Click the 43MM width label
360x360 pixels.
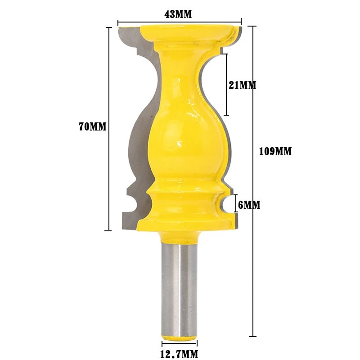pyautogui.click(x=178, y=14)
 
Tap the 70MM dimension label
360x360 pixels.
pyautogui.click(x=92, y=127)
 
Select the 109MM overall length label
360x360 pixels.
pyautogui.click(x=275, y=152)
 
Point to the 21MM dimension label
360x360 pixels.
pyautogui.click(x=242, y=85)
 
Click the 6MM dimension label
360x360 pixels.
pyautogui.click(x=249, y=205)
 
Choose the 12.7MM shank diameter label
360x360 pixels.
pyautogui.click(x=179, y=355)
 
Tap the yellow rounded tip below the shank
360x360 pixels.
pyautogui.click(x=179, y=337)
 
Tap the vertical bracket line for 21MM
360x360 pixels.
pyautogui.click(x=226, y=85)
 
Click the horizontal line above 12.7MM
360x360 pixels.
pyautogui.click(x=179, y=346)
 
